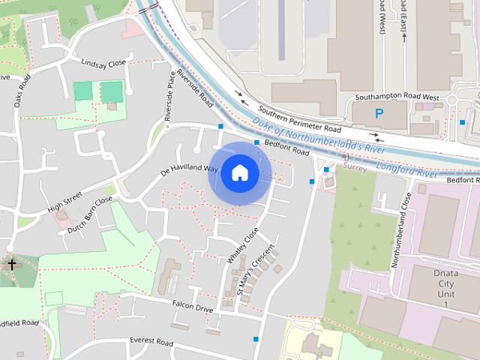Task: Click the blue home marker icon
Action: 239,172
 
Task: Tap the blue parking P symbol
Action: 379,114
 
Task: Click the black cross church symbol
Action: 11,264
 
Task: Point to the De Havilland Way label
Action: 189,170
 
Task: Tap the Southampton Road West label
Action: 397,97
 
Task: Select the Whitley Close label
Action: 241,244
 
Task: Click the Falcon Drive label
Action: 193,307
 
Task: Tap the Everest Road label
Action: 151,342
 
